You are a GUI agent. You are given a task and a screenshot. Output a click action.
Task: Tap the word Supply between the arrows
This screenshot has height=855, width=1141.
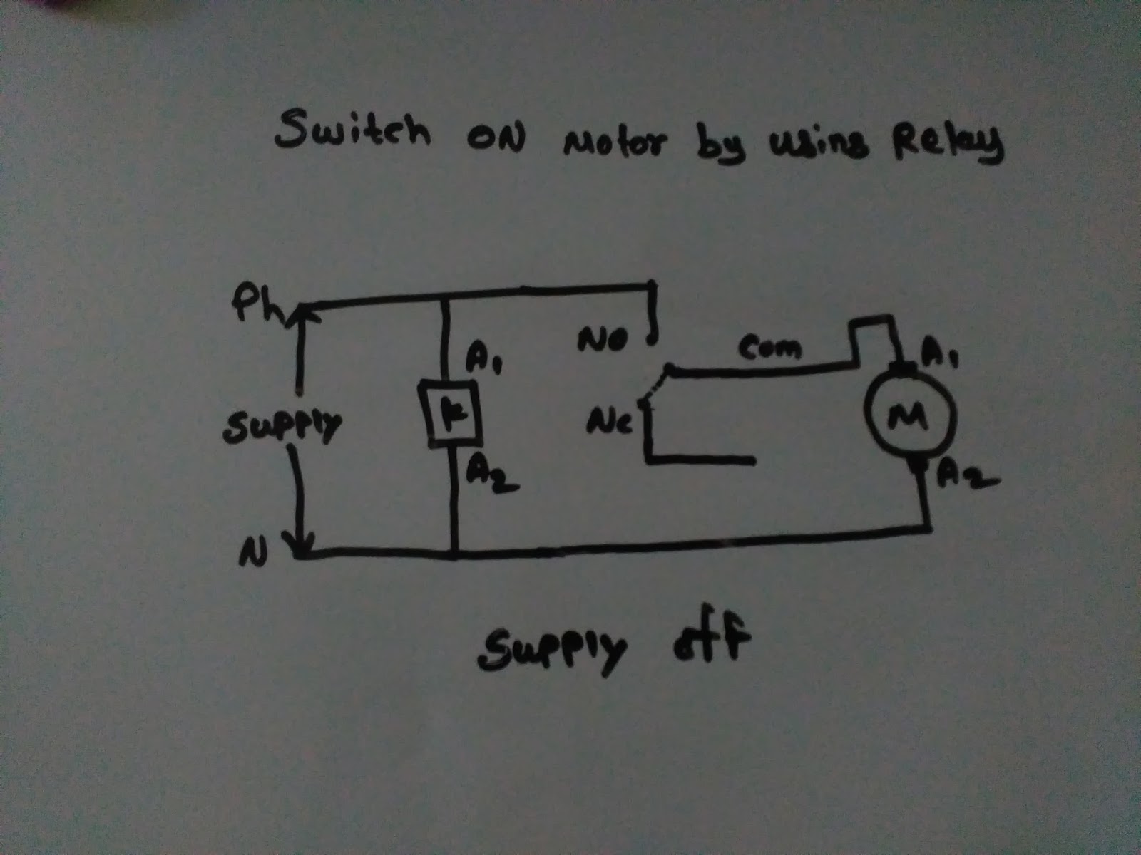[x=282, y=427]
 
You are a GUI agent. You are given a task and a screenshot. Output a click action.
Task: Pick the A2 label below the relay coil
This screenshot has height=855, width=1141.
[x=491, y=474]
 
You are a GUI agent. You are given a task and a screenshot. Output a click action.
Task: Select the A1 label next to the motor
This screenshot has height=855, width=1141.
[x=941, y=351]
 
